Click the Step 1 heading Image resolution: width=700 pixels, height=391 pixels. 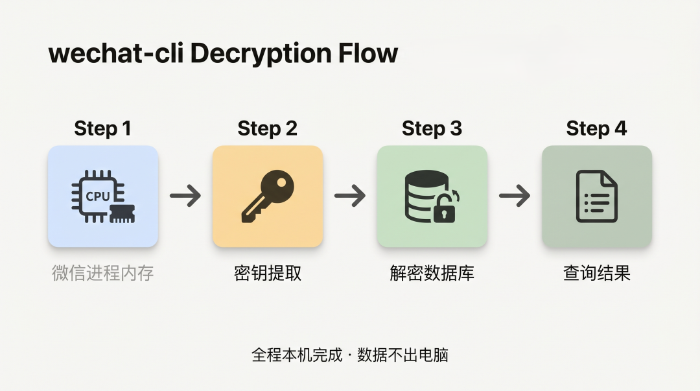[102, 128]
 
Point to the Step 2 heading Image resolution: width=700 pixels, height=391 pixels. [267, 128]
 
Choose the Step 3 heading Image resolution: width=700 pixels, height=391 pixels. [432, 128]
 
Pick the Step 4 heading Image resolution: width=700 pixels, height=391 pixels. [596, 128]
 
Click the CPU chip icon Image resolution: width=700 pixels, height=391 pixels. [103, 196]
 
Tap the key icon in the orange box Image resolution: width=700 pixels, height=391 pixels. [268, 196]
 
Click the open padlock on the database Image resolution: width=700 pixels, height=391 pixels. [445, 207]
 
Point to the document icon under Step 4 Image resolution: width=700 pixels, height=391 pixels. [597, 196]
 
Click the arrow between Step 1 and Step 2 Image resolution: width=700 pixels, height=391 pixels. [185, 196]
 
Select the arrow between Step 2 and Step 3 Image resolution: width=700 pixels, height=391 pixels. [350, 196]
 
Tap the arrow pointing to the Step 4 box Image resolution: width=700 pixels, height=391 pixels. [515, 196]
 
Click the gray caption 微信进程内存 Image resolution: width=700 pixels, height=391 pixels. [102, 273]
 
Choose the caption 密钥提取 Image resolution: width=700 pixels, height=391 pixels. [268, 273]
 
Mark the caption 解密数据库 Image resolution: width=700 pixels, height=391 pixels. [432, 273]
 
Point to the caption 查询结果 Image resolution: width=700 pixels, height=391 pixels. [597, 273]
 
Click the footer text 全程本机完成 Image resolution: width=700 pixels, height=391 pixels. [297, 355]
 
